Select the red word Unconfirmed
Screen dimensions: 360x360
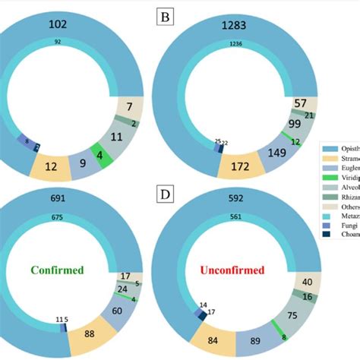[238, 269]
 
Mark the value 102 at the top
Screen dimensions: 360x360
[56, 24]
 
